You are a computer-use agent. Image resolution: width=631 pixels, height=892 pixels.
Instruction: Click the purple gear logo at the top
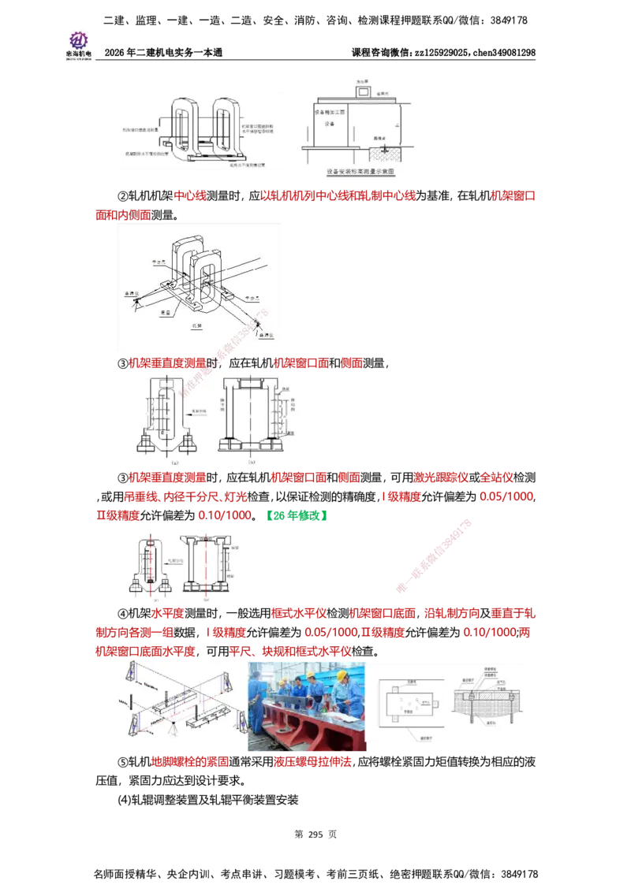pos(78,40)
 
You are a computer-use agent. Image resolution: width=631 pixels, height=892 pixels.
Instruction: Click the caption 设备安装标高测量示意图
pos(360,170)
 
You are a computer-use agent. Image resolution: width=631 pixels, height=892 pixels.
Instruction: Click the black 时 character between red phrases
pos(211,363)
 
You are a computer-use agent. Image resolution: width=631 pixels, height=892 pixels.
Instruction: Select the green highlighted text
pos(297,516)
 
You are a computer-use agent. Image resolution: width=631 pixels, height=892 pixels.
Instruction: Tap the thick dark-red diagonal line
pos(434,556)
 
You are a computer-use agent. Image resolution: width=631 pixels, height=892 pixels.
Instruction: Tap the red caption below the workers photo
pos(312,763)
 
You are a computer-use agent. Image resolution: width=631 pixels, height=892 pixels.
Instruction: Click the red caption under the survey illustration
pos(190,763)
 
